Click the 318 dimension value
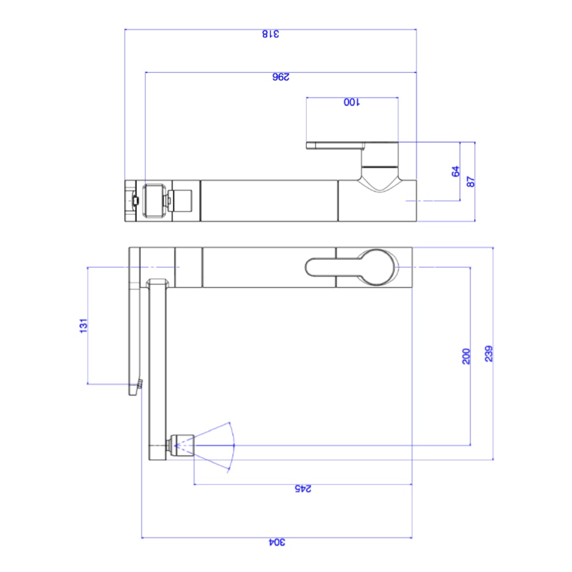pos(271,34)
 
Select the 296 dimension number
pos(281,77)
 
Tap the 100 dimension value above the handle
pos(351,102)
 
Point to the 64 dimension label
pos(455,171)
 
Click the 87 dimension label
pos(471,181)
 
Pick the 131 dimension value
pos(84,325)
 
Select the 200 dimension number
pos(466,356)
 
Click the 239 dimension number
pos(488,353)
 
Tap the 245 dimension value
pos(303,489)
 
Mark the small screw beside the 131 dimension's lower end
pos(138,383)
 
